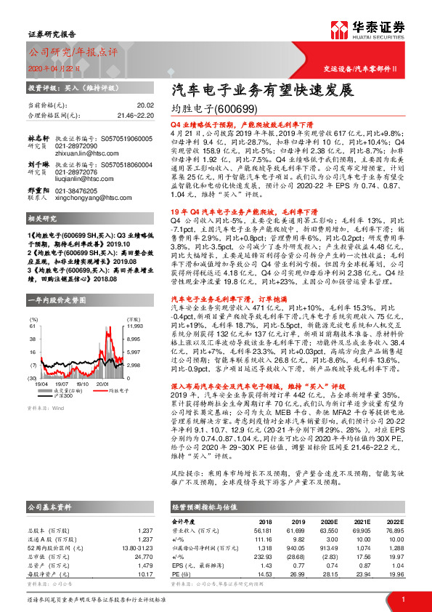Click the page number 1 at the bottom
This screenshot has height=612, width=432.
[x=402, y=599]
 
